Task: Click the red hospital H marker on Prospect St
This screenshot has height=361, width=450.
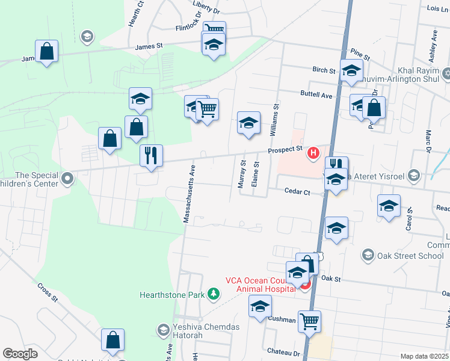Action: click(x=313, y=153)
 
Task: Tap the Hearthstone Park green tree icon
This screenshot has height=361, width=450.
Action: click(x=212, y=294)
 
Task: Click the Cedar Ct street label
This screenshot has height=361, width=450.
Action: click(x=297, y=192)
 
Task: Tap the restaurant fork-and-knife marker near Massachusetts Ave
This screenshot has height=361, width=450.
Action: click(x=150, y=156)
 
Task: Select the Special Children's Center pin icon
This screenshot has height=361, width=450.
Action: click(x=68, y=178)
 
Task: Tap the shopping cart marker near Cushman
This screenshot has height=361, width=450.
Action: click(x=309, y=321)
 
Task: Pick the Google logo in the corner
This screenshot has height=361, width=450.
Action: click(x=20, y=354)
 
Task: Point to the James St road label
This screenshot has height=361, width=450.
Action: click(x=149, y=46)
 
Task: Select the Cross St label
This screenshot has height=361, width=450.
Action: click(x=47, y=292)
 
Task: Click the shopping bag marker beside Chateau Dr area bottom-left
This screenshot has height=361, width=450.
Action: click(x=112, y=340)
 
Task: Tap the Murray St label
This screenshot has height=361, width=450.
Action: click(x=242, y=174)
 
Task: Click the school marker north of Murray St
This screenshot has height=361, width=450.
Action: click(x=248, y=123)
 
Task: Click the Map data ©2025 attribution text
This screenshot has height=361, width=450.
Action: click(x=424, y=356)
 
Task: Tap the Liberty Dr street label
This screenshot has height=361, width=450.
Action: click(x=208, y=11)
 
